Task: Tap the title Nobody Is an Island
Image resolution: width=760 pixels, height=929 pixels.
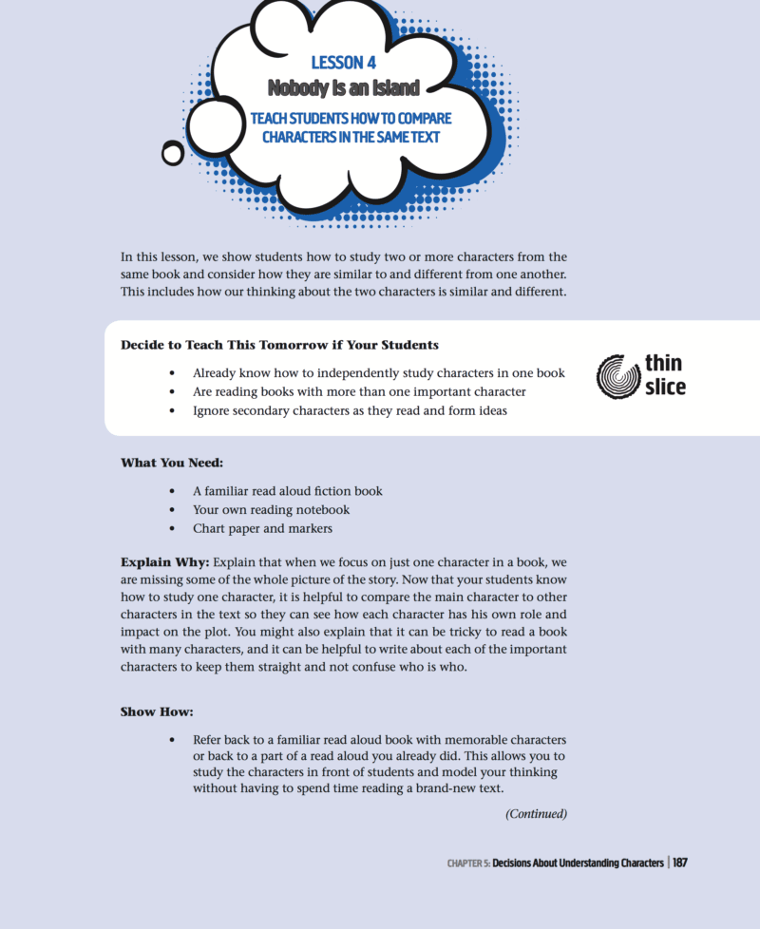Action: (x=344, y=88)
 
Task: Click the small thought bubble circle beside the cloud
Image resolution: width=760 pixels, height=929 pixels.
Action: (x=173, y=152)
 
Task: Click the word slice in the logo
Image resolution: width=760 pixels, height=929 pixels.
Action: (x=665, y=387)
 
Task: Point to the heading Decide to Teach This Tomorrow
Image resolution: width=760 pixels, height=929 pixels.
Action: (x=279, y=344)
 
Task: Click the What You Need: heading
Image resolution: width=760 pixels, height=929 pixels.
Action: (x=172, y=463)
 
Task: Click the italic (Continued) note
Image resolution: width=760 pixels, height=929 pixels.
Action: (x=536, y=813)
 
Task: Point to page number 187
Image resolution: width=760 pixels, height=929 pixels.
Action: (x=679, y=863)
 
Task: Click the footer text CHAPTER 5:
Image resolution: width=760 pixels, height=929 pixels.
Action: (x=468, y=864)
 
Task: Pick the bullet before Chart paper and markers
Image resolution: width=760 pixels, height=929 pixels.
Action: (x=172, y=529)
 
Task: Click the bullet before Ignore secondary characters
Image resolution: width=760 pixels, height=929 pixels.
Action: (x=172, y=411)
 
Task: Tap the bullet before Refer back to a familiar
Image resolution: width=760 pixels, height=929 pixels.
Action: (x=172, y=739)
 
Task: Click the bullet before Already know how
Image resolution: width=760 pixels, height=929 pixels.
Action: (x=172, y=373)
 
